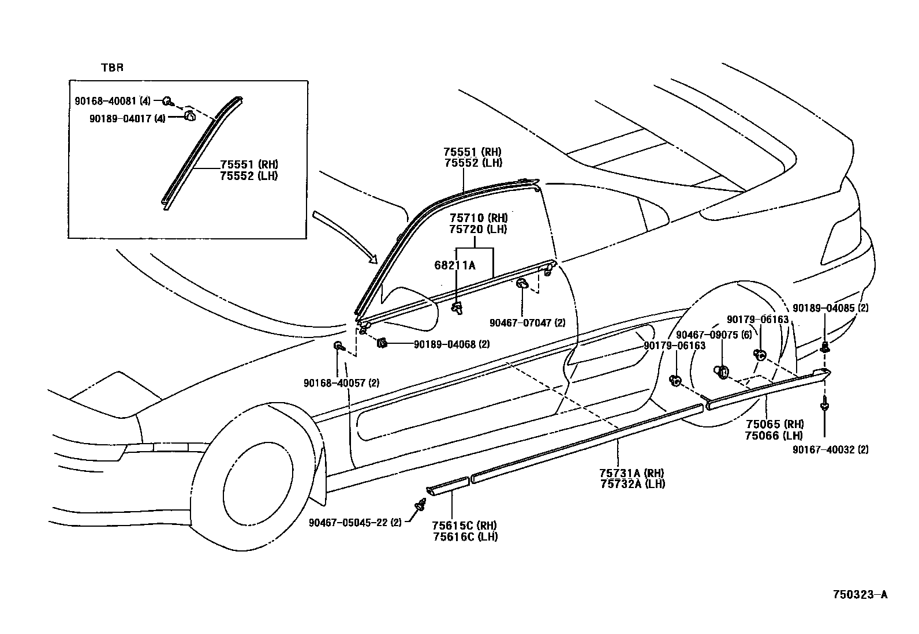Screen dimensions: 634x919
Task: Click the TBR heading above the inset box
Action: (x=112, y=67)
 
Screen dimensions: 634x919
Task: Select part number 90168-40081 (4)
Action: (x=113, y=101)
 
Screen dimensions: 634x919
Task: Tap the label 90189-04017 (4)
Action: (x=128, y=118)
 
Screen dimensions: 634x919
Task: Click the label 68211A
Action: (x=455, y=265)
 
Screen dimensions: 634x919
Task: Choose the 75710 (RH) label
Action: (x=479, y=217)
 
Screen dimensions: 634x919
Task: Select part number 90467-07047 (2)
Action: (x=527, y=323)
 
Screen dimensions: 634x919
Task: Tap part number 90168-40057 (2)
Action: (x=341, y=382)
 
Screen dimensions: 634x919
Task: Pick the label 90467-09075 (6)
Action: (x=714, y=335)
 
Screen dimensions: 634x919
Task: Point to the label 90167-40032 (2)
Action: (x=830, y=449)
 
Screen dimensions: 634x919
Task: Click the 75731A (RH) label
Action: (x=633, y=472)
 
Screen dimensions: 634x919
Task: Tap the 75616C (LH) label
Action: (x=465, y=537)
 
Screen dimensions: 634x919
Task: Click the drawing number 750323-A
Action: (x=860, y=595)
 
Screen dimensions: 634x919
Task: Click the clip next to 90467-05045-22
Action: (x=418, y=509)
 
